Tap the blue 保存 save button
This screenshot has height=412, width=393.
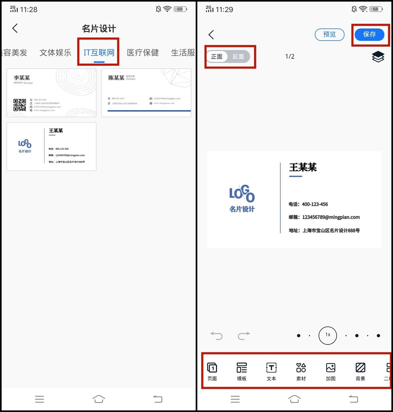369,34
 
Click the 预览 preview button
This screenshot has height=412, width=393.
329,34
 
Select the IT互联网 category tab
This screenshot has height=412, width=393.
99,52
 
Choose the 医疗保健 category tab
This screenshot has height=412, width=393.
143,52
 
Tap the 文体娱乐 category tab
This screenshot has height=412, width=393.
55,52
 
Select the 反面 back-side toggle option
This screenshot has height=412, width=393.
238,57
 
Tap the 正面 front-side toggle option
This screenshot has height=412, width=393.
217,57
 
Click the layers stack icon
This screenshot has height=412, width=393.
378,57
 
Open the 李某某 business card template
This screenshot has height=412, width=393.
51,93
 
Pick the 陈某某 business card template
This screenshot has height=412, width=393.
146,93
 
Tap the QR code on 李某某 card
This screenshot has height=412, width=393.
20,105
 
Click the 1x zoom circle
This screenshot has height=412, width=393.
327,335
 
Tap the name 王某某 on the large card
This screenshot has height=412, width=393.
303,167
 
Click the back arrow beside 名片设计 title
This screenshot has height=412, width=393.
15,28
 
